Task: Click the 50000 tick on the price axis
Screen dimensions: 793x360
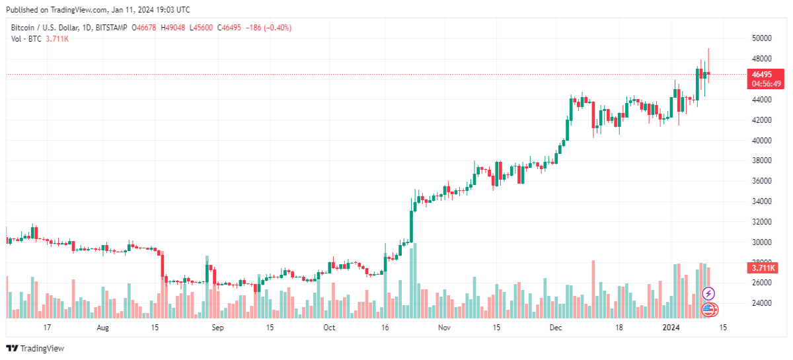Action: pyautogui.click(x=761, y=38)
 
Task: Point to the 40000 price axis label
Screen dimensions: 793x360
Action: pyautogui.click(x=761, y=141)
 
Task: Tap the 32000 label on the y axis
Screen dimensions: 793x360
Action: pyautogui.click(x=761, y=222)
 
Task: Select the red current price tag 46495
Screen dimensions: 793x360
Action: pyautogui.click(x=761, y=75)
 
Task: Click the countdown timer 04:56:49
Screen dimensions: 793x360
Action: pyautogui.click(x=766, y=84)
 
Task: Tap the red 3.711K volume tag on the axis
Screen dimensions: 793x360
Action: pyautogui.click(x=763, y=268)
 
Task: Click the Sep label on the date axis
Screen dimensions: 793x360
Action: pyautogui.click(x=217, y=328)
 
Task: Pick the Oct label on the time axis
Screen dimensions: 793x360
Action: pyautogui.click(x=329, y=328)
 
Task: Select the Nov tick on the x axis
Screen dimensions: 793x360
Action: pyautogui.click(x=444, y=328)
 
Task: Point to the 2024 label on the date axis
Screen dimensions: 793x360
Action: pyautogui.click(x=671, y=328)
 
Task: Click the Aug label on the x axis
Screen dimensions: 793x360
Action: pyautogui.click(x=102, y=328)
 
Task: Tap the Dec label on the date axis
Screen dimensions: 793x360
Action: pyautogui.click(x=556, y=328)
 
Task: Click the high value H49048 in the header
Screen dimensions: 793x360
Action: pyautogui.click(x=172, y=28)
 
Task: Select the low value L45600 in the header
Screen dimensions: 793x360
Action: pyautogui.click(x=201, y=28)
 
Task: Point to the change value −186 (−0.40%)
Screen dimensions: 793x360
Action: pyautogui.click(x=268, y=28)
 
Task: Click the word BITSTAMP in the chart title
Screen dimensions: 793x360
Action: pyautogui.click(x=111, y=28)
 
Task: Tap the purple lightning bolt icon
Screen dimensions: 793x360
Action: pyautogui.click(x=708, y=293)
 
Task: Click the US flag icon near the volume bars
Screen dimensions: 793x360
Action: pyautogui.click(x=709, y=310)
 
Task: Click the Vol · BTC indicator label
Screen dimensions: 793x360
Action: pyautogui.click(x=26, y=39)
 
